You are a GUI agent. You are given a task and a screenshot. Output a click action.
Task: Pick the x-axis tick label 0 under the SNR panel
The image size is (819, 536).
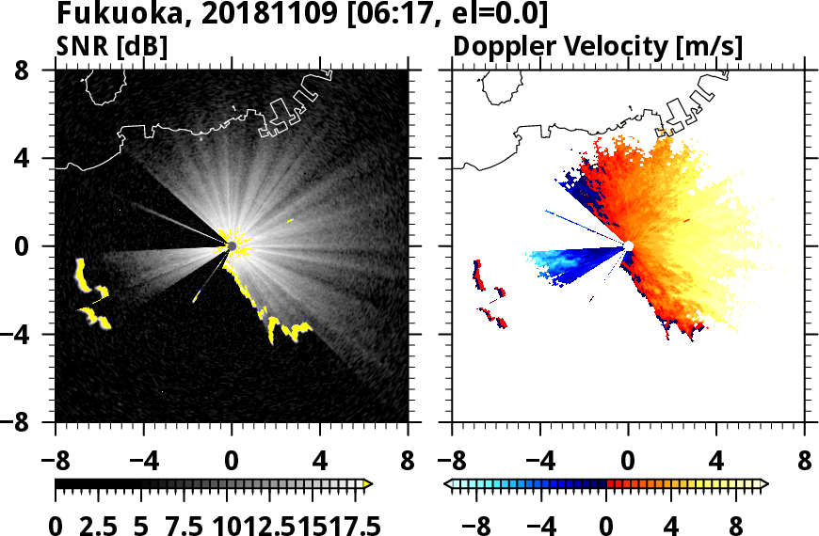tap(232, 463)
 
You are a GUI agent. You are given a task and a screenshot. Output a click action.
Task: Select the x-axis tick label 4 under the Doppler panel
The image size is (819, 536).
tap(716, 463)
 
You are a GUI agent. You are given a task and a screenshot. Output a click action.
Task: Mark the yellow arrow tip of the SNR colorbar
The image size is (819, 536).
tap(368, 484)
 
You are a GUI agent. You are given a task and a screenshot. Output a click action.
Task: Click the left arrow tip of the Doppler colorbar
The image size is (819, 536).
tap(447, 484)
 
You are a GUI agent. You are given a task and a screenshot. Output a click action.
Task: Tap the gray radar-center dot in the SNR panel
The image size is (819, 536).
tap(232, 246)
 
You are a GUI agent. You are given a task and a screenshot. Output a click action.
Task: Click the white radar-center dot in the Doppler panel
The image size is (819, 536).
tap(629, 246)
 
